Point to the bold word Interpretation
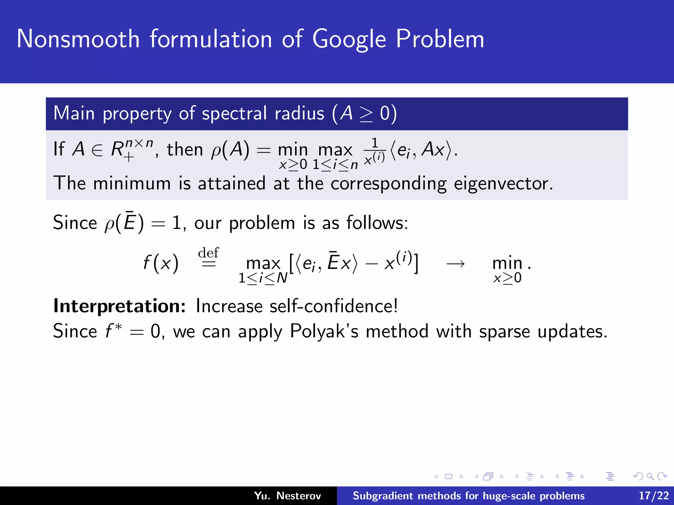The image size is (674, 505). [x=119, y=306]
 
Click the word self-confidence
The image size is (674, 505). [x=333, y=306]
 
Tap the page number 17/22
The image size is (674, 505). [x=654, y=495]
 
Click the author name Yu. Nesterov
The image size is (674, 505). [x=287, y=495]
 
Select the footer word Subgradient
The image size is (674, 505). [x=383, y=495]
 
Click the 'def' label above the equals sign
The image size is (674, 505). [x=208, y=253]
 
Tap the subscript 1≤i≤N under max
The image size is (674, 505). [x=263, y=278]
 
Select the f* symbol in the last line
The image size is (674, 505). [x=114, y=331]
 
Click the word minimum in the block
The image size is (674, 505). [x=132, y=183]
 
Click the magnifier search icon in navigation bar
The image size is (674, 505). [x=650, y=476]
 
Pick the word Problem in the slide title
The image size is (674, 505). [x=440, y=39]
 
